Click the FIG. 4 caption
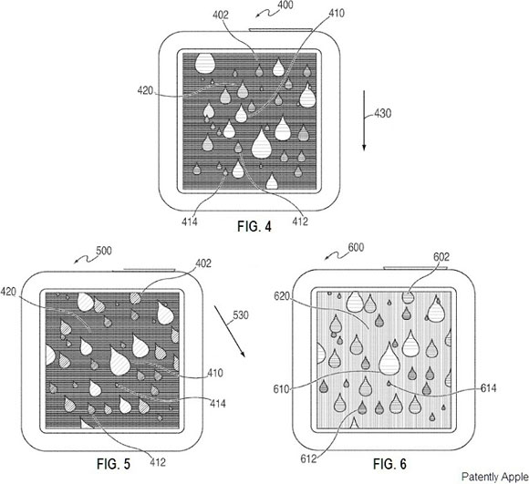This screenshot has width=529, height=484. tap(254, 226)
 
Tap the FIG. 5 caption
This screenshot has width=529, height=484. tap(113, 464)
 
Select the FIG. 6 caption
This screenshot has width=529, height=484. tap(389, 464)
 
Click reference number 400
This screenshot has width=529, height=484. tap(285, 5)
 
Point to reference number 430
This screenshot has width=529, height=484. tap(382, 113)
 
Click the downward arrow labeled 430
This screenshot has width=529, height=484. tap(364, 120)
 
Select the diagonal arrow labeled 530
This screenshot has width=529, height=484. tap(230, 331)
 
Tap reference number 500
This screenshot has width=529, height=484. tap(104, 251)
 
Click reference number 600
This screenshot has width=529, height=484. tap(356, 247)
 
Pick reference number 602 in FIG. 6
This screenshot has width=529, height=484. tap(441, 257)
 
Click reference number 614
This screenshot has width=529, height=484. tap(489, 388)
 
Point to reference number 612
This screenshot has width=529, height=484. tap(308, 458)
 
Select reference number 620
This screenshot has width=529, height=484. tap(282, 296)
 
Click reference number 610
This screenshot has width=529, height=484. tap(281, 389)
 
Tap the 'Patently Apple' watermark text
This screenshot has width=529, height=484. tap(495, 477)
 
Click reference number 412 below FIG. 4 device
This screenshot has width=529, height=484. tap(300, 221)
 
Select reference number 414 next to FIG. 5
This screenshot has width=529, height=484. tap(218, 403)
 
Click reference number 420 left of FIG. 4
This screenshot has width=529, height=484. tap(145, 90)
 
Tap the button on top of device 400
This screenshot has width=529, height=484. tap(281, 30)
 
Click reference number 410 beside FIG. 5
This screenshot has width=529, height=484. tap(215, 373)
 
